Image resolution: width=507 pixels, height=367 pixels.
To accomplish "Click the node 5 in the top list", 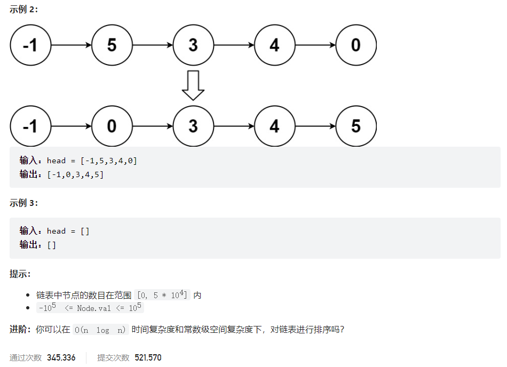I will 112,45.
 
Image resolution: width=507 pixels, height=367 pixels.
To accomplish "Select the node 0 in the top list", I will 356,45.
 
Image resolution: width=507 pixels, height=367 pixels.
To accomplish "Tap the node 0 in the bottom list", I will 112,126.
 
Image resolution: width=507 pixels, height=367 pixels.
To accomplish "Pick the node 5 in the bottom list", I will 356,126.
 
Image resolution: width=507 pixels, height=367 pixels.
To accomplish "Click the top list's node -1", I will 30,45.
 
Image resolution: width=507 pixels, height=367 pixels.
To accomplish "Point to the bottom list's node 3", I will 193,126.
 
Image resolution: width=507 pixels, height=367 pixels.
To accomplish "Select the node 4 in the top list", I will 274,45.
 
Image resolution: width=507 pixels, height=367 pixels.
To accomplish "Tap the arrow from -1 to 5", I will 71,45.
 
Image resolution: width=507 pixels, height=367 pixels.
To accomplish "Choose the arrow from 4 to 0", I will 315,45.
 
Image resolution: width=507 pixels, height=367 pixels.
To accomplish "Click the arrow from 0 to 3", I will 153,126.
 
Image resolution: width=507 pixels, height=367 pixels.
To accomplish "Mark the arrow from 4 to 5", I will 315,126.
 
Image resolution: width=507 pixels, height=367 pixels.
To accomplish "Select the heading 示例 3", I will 24,203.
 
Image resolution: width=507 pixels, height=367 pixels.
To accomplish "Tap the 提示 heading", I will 20,274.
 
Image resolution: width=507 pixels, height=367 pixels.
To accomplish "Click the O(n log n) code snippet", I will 101,330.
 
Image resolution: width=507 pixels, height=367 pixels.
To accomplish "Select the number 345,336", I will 61,357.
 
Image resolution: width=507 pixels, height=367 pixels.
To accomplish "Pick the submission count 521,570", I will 147,357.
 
